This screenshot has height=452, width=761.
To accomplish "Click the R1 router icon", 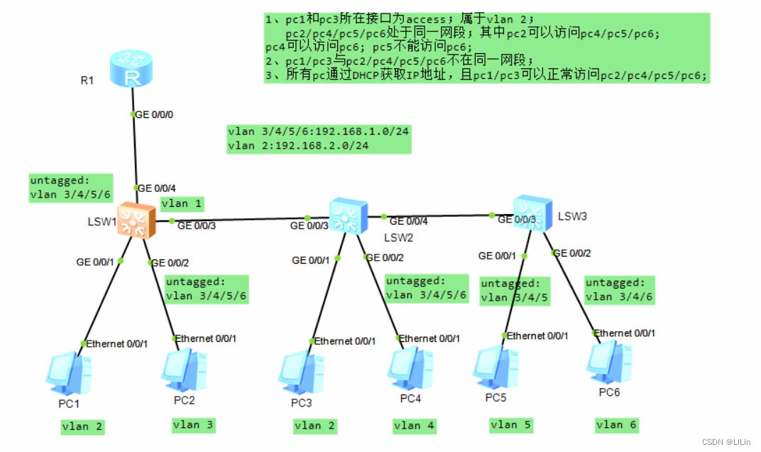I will tap(131, 70).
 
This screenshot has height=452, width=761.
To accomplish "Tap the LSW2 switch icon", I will tap(349, 215).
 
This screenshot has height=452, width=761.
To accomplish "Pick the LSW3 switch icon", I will tap(532, 212).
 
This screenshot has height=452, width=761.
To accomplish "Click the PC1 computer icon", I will tap(69, 374).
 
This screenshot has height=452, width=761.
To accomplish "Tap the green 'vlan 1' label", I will tap(182, 204).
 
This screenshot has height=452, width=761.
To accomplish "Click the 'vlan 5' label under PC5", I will tap(510, 424).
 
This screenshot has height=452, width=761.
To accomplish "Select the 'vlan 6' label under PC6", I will tap(616, 424).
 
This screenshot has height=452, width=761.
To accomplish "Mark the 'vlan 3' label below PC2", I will tap(193, 425).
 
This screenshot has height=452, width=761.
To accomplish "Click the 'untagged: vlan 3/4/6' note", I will tap(615, 289).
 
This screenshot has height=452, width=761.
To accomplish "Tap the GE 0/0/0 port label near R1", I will tap(153, 114).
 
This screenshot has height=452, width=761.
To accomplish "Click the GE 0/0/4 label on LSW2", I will tap(409, 221).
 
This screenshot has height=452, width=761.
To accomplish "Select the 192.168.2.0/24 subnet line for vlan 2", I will tap(298, 146).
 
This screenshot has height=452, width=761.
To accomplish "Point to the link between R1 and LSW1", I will tap(134, 149).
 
